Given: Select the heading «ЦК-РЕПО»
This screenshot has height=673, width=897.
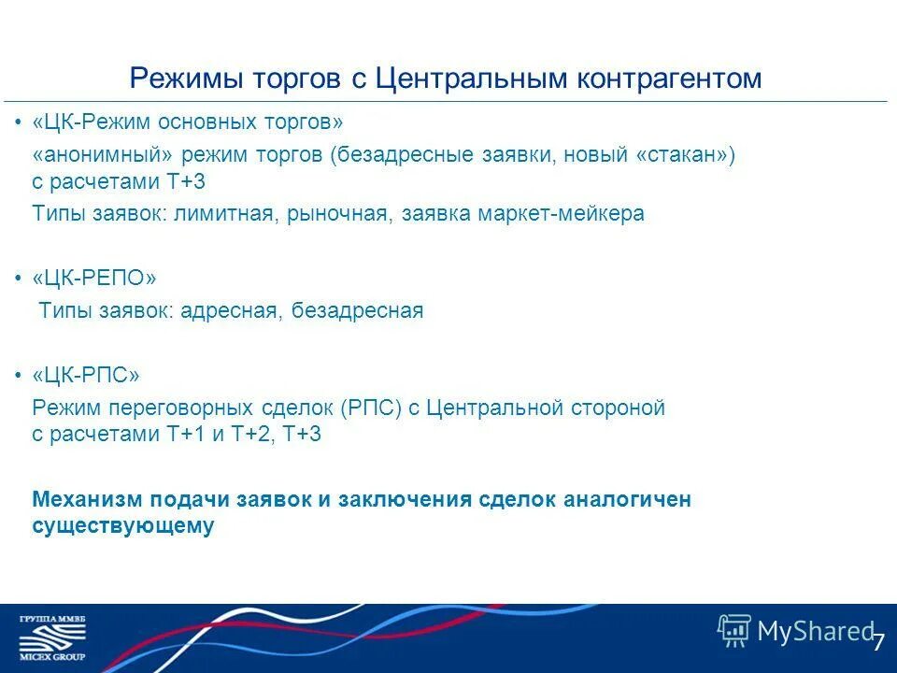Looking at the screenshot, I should coord(94,279).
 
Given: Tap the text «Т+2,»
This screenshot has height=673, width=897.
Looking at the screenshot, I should coord(252,435).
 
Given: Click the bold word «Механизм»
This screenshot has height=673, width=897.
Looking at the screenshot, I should coord(79,499).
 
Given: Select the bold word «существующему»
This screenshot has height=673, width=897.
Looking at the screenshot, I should coord(123,526).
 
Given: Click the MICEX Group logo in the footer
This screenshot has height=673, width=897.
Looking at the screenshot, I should coord(52,637).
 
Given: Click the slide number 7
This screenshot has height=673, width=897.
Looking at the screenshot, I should coord(878,642).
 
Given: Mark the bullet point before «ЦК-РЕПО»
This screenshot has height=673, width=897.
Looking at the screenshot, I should coord(20,279).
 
